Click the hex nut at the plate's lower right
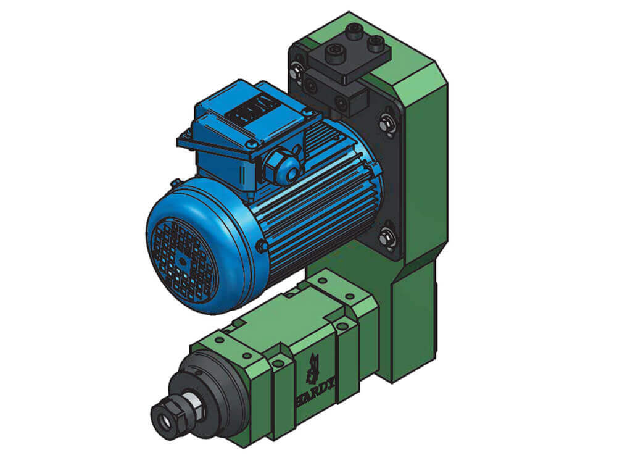click(387, 238)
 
